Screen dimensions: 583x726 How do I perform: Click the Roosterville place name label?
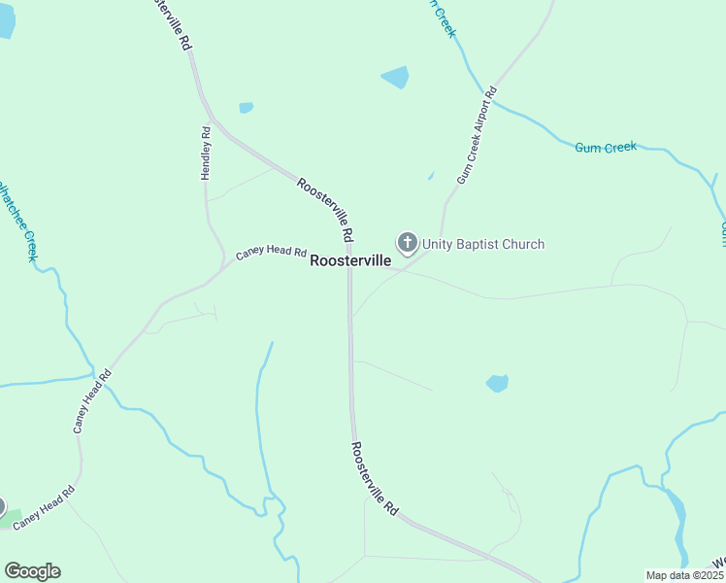[x=350, y=261]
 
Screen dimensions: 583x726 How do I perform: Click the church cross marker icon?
[x=407, y=242]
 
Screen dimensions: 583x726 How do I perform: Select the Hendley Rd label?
[x=206, y=153]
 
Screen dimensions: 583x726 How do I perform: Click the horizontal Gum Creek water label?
[x=606, y=148]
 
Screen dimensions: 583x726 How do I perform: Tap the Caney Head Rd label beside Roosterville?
[x=271, y=254]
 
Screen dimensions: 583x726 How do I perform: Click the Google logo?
[x=32, y=571]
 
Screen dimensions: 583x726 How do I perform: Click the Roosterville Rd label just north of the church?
[x=325, y=210]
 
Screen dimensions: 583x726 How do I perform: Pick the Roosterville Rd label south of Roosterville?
[x=375, y=478]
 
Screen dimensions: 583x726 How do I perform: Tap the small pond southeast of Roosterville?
[x=497, y=383]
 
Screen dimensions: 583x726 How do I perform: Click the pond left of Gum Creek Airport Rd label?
[x=395, y=77]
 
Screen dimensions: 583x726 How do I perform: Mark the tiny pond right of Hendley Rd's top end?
[x=246, y=108]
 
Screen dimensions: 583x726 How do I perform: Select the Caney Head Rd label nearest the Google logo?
[x=43, y=504]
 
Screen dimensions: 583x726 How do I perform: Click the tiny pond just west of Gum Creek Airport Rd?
[x=431, y=176]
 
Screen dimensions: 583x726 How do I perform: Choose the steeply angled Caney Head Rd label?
[x=91, y=400]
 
